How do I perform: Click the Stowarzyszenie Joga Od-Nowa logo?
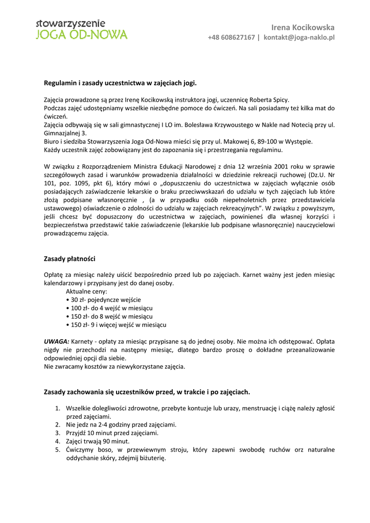click(x=81, y=30)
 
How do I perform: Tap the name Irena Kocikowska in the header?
click(x=303, y=27)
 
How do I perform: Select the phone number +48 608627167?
click(x=231, y=37)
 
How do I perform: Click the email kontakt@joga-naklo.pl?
click(x=299, y=37)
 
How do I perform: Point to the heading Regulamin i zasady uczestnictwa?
click(x=120, y=82)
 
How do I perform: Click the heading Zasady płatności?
click(x=70, y=259)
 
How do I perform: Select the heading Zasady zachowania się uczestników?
click(x=147, y=392)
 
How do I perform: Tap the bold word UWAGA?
click(x=56, y=341)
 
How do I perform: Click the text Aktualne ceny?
click(x=86, y=291)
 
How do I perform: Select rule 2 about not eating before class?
click(x=121, y=424)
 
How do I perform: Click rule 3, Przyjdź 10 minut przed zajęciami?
click(x=112, y=433)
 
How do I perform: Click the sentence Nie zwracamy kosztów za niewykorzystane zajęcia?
click(x=115, y=366)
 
